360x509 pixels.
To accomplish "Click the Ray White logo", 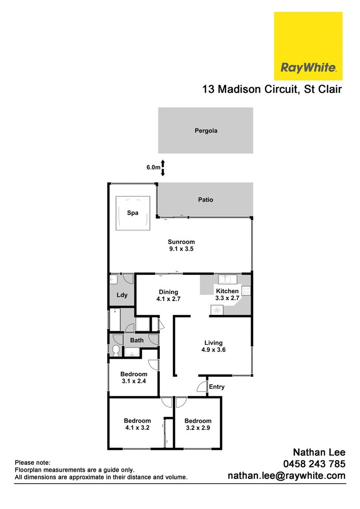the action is [308, 46].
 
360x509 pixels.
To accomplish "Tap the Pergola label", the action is [206, 131].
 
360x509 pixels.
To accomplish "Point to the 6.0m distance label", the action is [153, 167].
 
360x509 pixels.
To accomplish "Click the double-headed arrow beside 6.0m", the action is [163, 168].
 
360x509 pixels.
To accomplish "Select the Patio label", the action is [205, 200].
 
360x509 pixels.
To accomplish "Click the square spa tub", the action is [133, 213].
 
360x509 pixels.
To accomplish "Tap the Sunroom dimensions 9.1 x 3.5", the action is [181, 249].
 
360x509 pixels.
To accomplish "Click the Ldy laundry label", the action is [122, 295].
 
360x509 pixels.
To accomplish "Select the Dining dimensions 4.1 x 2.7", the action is [168, 299].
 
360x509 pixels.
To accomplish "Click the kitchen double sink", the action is [228, 279].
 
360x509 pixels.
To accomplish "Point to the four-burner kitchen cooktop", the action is [246, 291].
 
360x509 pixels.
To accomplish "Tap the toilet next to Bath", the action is [115, 350].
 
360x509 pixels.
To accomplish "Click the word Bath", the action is [137, 340].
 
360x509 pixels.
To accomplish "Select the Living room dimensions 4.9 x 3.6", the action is [213, 350].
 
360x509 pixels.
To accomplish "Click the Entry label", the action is [217, 387].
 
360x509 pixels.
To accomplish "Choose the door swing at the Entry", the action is [202, 386].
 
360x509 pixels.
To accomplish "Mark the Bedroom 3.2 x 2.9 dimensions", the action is [198, 428].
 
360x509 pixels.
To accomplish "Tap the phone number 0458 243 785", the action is [314, 464].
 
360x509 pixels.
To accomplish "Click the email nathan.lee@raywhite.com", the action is [286, 476].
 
